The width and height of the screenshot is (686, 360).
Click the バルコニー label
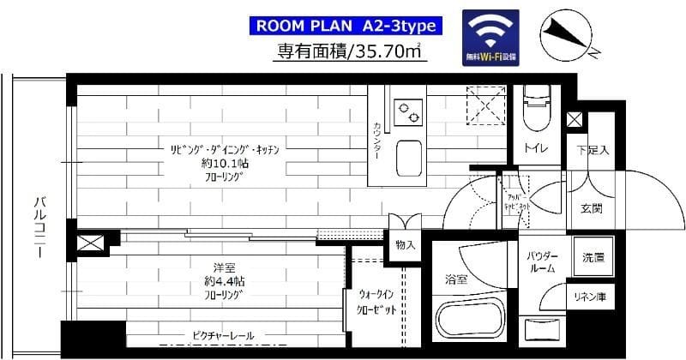pyautogui.click(x=39, y=221)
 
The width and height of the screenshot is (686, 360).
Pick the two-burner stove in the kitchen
pyautogui.click(x=405, y=111)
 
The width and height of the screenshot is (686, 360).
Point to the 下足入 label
pyautogui.click(x=592, y=151)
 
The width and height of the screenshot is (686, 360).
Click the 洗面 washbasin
pyautogui.click(x=593, y=256)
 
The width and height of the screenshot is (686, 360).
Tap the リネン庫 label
pyautogui.click(x=592, y=297)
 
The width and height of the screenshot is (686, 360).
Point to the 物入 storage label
pyautogui.click(x=406, y=245)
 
